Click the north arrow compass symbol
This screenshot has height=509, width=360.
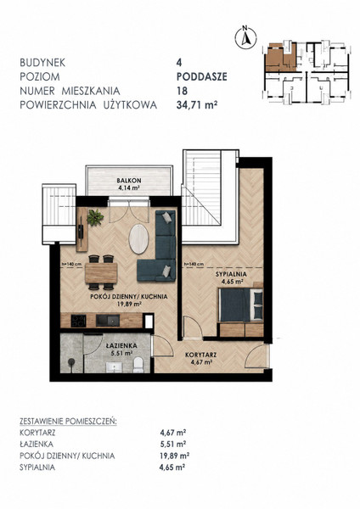coord(245,37)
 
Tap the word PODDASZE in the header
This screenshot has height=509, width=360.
coord(202,76)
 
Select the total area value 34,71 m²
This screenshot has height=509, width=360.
coord(197,105)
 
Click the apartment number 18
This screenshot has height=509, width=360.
coord(182,91)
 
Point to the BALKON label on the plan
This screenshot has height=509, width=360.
coord(129,180)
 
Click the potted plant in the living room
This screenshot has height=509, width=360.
coord(95,217)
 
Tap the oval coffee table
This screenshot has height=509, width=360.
coord(138,238)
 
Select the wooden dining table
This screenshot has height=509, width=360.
coord(101,273)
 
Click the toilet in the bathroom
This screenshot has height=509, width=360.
coord(138,365)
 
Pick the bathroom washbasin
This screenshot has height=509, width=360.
coord(114,367)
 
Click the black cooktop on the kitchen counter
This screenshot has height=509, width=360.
coord(79,321)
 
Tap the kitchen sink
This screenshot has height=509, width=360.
coord(108,321)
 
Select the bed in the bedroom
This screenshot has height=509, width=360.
coord(241,305)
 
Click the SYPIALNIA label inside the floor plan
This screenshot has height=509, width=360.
coord(231,274)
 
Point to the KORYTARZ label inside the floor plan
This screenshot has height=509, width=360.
coord(200,355)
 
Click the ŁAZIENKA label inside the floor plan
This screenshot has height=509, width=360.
coord(121,345)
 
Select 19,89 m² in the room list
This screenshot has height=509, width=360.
coord(174,456)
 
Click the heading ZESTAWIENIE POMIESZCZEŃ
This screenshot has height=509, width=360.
coord(68,422)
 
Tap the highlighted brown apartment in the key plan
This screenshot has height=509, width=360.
coord(281,58)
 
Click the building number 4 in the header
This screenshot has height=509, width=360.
coord(179,62)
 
